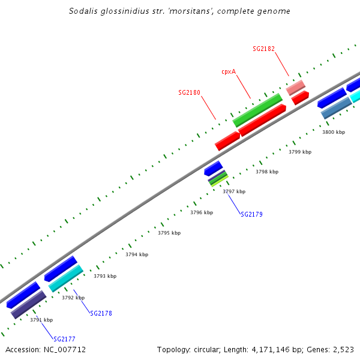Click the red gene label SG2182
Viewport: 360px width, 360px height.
[x=264, y=48]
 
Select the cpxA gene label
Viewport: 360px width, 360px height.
[x=229, y=71]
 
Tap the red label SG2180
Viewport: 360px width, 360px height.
[x=189, y=93]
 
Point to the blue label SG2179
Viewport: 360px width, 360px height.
[x=251, y=214]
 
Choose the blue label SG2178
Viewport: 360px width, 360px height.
[x=101, y=313]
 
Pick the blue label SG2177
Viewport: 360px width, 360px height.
[x=64, y=339]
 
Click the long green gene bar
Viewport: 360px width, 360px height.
[x=257, y=110]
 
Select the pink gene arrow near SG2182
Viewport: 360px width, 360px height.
[x=295, y=88]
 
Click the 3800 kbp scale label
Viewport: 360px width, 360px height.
[x=334, y=132]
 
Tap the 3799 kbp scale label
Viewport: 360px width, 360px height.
[x=300, y=152]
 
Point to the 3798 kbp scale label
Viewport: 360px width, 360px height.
[x=267, y=172]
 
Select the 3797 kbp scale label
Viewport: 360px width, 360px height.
[x=234, y=191]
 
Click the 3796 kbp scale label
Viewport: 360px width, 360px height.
[x=202, y=212]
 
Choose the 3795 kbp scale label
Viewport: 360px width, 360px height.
[x=169, y=233]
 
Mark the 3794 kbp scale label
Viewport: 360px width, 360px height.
[x=137, y=254]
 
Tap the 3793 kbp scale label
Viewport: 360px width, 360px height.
[x=105, y=276]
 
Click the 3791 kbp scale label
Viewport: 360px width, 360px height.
[x=41, y=320]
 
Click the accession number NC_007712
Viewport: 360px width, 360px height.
[x=64, y=349]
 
